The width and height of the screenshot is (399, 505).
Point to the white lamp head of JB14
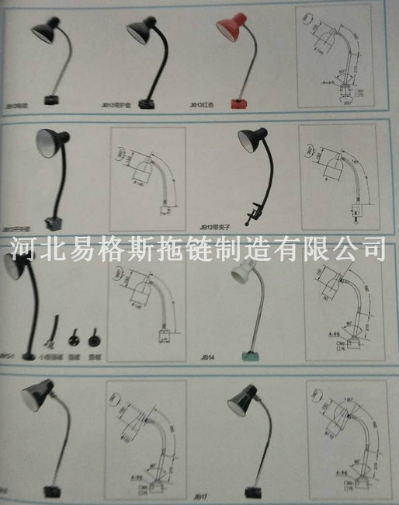pos(242,275)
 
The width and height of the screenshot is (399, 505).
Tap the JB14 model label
pos(207,358)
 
